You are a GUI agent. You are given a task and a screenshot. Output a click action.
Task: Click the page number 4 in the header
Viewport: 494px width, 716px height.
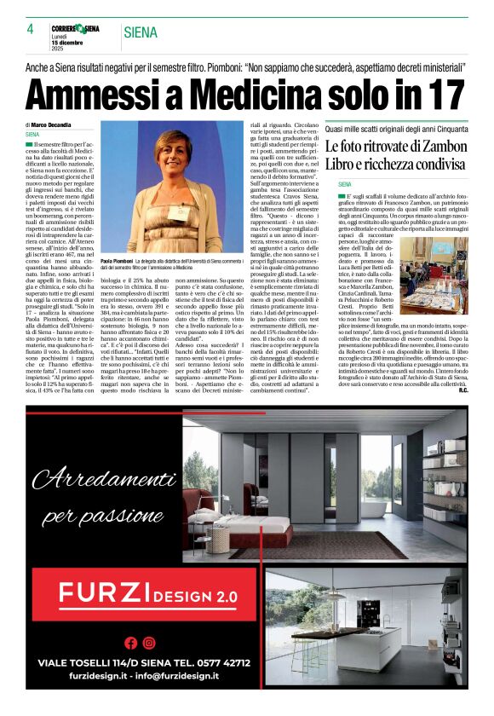pos(29,30)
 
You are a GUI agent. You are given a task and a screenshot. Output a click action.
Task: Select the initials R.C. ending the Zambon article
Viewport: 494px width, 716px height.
pos(461,391)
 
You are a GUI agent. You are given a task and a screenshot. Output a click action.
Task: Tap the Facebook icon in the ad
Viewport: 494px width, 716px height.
pos(130,643)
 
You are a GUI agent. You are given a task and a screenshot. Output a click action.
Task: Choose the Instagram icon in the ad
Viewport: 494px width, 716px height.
pos(149,643)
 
